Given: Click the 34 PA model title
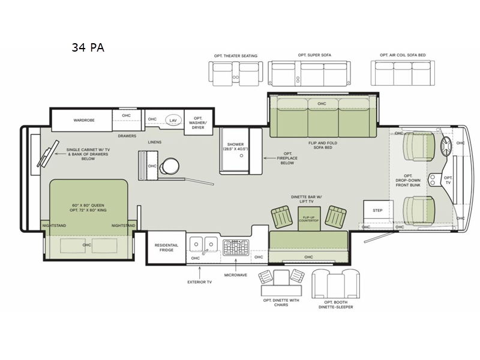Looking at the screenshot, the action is [88, 47].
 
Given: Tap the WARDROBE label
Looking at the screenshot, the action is [84, 121].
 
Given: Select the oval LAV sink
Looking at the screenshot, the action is [173, 121].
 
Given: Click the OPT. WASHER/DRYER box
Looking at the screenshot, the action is [198, 122].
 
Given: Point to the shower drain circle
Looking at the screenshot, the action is [241, 155].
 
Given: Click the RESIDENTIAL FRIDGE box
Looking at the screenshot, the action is [166, 247].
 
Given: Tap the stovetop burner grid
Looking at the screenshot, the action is [236, 247].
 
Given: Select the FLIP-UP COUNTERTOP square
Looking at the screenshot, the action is [309, 218].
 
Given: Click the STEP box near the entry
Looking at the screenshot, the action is [378, 211].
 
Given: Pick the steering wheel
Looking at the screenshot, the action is [446, 147].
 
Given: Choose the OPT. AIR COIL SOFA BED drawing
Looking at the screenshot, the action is [403, 73].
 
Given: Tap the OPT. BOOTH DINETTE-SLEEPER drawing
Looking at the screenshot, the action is [336, 283].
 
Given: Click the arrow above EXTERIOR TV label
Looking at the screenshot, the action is [200, 272].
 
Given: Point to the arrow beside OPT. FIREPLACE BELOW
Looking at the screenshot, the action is [270, 158].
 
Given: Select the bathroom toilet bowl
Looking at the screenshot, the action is [170, 166].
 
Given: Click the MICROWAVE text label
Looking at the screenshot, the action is [236, 275].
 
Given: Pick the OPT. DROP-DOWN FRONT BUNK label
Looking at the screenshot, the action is [408, 181].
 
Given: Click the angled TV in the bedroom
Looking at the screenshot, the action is [48, 154].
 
